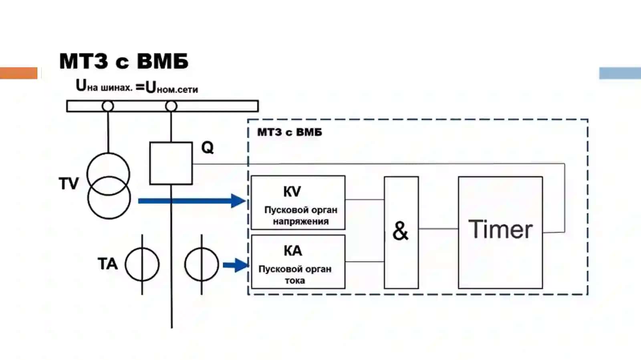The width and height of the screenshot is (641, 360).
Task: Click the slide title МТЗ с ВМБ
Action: [124, 61]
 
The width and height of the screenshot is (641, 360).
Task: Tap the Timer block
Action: [500, 233]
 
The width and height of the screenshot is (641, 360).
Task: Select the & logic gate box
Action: [401, 233]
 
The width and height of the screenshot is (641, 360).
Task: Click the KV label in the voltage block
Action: [292, 191]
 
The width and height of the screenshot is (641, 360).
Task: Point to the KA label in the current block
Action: [293, 251]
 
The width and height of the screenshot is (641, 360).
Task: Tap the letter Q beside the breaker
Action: [208, 148]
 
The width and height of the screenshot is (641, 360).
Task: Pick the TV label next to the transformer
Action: [69, 183]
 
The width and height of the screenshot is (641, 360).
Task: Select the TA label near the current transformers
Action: [108, 263]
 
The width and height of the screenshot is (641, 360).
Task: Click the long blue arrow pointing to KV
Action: [192, 201]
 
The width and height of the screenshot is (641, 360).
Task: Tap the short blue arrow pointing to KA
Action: [236, 265]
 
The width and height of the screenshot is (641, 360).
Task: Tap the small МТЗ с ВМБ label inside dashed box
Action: [290, 132]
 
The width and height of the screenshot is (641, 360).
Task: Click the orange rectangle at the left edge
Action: [18, 73]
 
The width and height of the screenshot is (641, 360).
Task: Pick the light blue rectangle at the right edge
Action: [620, 73]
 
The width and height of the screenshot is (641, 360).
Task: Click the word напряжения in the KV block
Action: [301, 221]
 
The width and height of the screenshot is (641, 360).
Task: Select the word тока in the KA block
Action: [295, 280]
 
